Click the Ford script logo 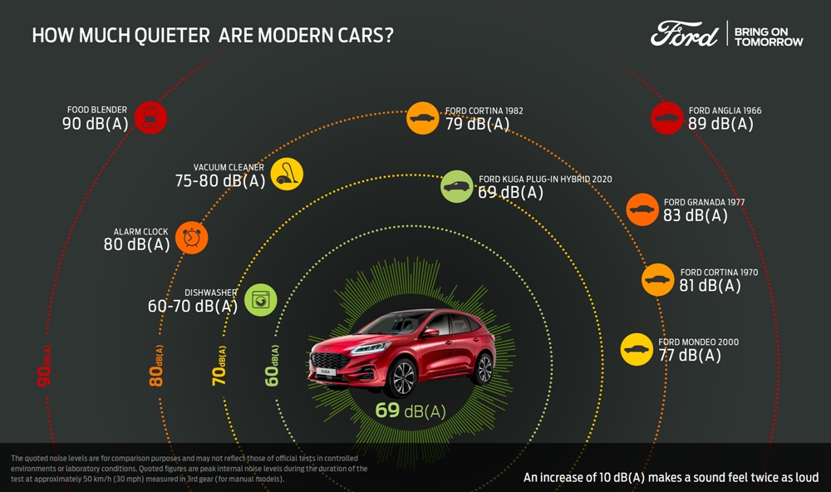coord(684,34)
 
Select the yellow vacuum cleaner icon coord(287,174)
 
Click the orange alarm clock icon coord(192,238)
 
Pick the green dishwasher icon coord(260,299)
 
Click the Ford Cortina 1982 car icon coord(423,118)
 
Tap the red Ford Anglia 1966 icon coord(666,118)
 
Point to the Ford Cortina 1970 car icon coord(658,279)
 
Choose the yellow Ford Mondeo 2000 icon coord(637,349)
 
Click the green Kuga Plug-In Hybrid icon coord(457,186)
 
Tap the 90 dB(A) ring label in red coord(45,366)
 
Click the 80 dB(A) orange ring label coord(156,366)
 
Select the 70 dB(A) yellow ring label coord(220,366)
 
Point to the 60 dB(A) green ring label coord(272,366)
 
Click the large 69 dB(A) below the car coord(411,411)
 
